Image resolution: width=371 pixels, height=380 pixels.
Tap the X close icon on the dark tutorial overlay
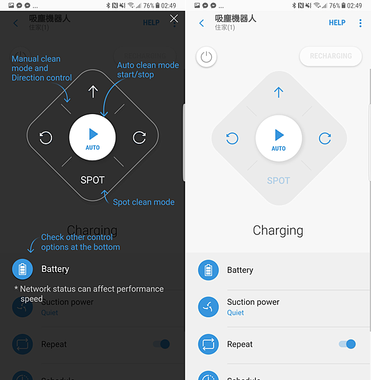174,19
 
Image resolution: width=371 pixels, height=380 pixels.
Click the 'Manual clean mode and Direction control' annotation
41,68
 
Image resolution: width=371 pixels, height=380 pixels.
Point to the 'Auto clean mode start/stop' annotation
148,70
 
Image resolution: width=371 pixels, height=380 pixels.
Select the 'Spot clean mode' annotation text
143,202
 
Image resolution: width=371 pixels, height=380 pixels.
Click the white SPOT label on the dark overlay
93,180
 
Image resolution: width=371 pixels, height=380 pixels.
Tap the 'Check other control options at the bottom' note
80,242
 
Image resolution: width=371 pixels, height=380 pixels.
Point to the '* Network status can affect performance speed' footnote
88,293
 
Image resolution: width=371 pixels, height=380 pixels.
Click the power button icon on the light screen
206,57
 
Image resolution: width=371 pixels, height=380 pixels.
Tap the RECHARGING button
330,56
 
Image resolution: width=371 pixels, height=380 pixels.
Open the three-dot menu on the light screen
360,23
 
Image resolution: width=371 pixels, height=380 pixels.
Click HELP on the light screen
337,23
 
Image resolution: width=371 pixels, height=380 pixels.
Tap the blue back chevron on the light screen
202,23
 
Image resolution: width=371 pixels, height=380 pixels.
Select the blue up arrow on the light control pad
278,92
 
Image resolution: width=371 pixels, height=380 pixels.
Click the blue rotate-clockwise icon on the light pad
325,138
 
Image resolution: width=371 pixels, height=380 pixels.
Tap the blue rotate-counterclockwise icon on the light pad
232,138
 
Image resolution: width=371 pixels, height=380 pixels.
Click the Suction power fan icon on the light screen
208,307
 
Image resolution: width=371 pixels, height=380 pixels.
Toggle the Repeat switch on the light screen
347,344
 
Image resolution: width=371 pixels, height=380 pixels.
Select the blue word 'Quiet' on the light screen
235,312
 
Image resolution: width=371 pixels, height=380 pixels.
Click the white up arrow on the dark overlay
93,92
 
